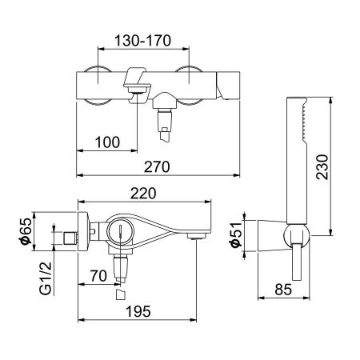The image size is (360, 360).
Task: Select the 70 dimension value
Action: coord(98,276)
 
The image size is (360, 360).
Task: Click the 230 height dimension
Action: coord(342,168)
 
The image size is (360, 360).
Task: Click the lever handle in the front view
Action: coord(138,82)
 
